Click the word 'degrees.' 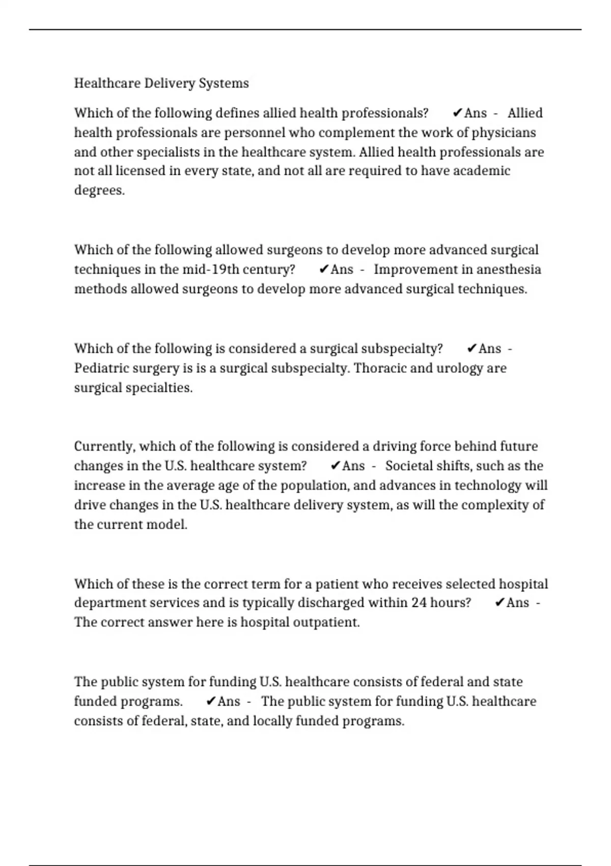point(99,191)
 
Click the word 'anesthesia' point(509,269)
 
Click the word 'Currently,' point(104,446)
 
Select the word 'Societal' point(411,466)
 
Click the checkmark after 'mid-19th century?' point(323,269)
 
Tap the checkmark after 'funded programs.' point(211,701)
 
